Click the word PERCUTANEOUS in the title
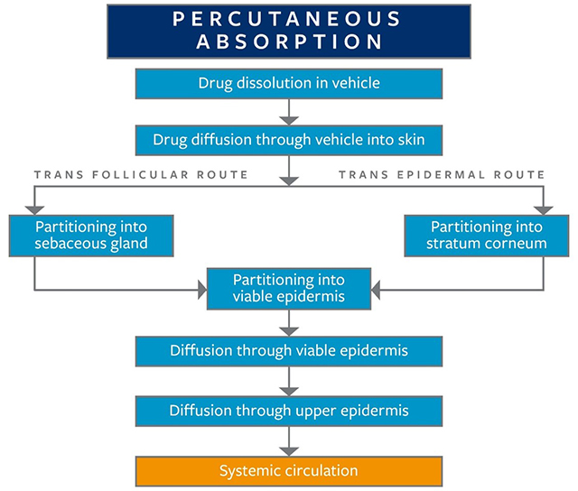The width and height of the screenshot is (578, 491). pyautogui.click(x=288, y=19)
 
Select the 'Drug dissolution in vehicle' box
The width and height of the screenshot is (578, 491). pyautogui.click(x=288, y=83)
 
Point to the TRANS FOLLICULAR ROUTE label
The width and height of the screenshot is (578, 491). pyautogui.click(x=140, y=174)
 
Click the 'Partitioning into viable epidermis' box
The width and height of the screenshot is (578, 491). pyautogui.click(x=288, y=289)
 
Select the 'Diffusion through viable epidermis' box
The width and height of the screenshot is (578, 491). pyautogui.click(x=288, y=350)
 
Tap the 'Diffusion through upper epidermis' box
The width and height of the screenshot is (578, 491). pyautogui.click(x=288, y=411)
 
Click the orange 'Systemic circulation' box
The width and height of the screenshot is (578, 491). pyautogui.click(x=288, y=471)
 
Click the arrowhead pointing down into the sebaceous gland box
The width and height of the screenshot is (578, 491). pyautogui.click(x=33, y=208)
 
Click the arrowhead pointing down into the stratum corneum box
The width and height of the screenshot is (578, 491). pyautogui.click(x=544, y=208)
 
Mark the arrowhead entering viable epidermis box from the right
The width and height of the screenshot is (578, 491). pyautogui.click(x=377, y=290)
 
